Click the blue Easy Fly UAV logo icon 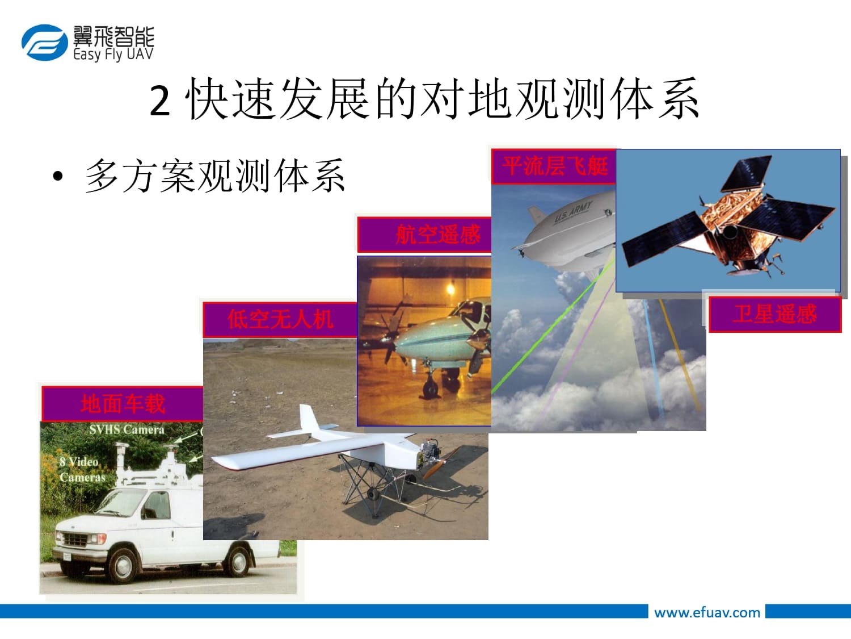[x=45, y=43]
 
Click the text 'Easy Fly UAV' [x=113, y=55]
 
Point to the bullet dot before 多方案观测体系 [x=58, y=176]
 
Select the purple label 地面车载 [x=123, y=403]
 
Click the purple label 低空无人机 [x=280, y=319]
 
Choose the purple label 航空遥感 [x=424, y=235]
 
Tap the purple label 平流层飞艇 [x=554, y=166]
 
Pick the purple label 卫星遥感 [x=775, y=314]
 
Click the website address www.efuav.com [x=707, y=613]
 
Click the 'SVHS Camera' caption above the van [x=127, y=429]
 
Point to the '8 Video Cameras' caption [x=82, y=470]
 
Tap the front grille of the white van [x=75, y=540]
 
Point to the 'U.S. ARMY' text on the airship [x=573, y=212]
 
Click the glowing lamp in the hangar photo [x=450, y=289]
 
